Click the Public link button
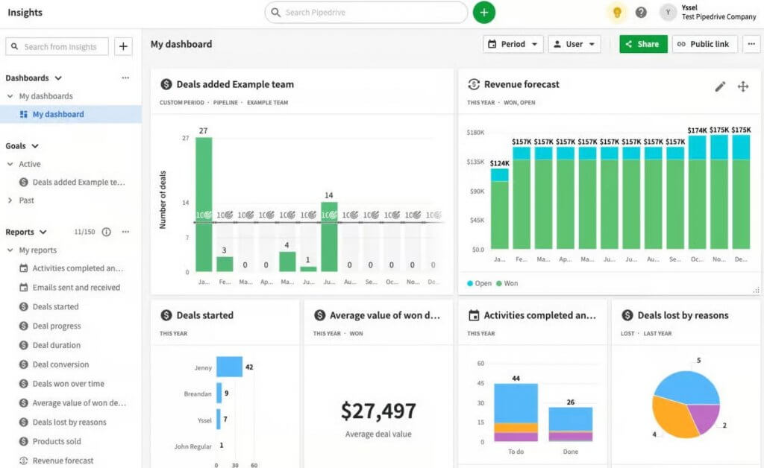(704, 44)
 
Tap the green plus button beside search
(483, 13)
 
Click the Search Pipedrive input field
(366, 13)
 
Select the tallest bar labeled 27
(204, 204)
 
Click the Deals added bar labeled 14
(329, 236)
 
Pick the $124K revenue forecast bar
(500, 209)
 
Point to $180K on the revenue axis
(475, 133)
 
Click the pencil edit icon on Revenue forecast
(720, 86)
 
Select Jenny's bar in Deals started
(229, 367)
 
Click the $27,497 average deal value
(378, 411)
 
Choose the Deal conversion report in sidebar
(60, 364)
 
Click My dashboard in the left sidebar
(58, 114)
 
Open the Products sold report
(57, 441)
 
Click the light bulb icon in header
(617, 13)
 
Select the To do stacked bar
(516, 412)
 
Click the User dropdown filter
(574, 44)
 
